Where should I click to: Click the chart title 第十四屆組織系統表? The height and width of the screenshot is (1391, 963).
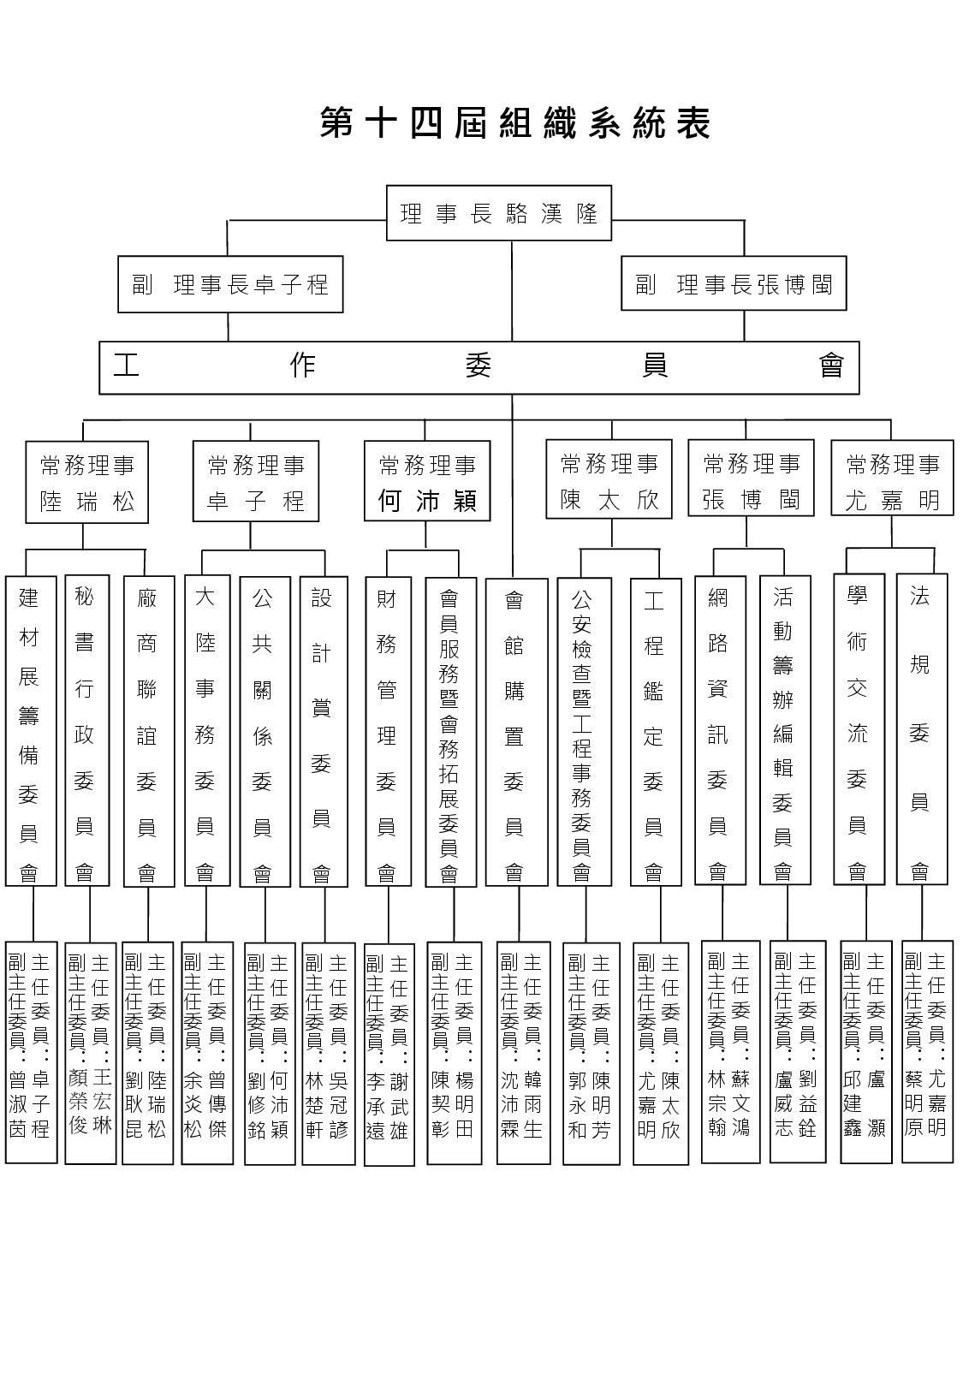[x=515, y=122]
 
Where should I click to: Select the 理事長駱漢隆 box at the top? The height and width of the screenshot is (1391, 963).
[x=498, y=213]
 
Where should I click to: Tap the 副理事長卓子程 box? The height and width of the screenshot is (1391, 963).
[x=230, y=284]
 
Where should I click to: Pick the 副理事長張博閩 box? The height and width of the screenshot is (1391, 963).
[x=734, y=283]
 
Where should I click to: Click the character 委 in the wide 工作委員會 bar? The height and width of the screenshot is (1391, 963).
[x=479, y=366]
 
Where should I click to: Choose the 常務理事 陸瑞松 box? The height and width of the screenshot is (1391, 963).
[x=87, y=482]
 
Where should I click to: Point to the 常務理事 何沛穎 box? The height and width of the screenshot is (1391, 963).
[x=427, y=480]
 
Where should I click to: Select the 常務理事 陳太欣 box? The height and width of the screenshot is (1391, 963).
[x=609, y=479]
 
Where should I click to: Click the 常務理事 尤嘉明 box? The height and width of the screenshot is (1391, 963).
[x=892, y=478]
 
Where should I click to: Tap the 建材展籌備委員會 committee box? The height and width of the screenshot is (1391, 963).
[x=31, y=731]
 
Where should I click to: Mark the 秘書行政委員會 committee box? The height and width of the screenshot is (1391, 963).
[x=87, y=730]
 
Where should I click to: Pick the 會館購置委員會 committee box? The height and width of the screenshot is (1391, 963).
[x=516, y=732]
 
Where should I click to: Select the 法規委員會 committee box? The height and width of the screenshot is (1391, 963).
[x=922, y=729]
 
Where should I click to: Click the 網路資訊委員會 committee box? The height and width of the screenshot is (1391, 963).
[x=720, y=730]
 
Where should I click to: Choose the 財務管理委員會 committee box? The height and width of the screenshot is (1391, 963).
[x=388, y=732]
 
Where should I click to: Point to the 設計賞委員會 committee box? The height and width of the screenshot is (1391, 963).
[x=324, y=732]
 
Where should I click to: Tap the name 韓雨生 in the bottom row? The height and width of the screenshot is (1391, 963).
[x=532, y=1104]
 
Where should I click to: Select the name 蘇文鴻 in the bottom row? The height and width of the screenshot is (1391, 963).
[x=740, y=1103]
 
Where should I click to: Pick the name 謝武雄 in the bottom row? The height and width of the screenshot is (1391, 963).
[x=399, y=1107]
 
